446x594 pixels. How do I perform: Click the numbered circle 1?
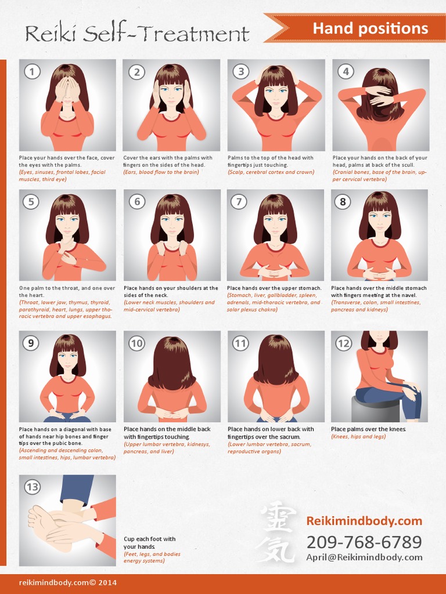pyautogui.click(x=32, y=72)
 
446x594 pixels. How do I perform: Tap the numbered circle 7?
pyautogui.click(x=239, y=201)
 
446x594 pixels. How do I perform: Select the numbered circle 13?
pyautogui.click(x=32, y=487)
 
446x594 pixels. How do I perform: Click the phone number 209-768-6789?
pyautogui.click(x=364, y=542)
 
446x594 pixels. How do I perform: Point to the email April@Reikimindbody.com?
pyautogui.click(x=364, y=557)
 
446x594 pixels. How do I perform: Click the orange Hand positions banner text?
pyautogui.click(x=370, y=28)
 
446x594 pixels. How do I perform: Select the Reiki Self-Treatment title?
pyautogui.click(x=137, y=34)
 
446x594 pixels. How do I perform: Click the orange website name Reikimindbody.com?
pyautogui.click(x=364, y=521)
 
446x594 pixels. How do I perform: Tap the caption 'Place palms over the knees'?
pyautogui.click(x=368, y=429)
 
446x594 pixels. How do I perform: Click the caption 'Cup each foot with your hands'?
pyautogui.click(x=149, y=543)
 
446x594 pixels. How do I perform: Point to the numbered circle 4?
pyautogui.click(x=346, y=72)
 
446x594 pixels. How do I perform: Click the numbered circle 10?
pyautogui.click(x=136, y=343)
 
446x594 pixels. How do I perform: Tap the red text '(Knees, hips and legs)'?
pyautogui.click(x=358, y=437)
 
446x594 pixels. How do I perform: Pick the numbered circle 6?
pyautogui.click(x=137, y=201)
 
